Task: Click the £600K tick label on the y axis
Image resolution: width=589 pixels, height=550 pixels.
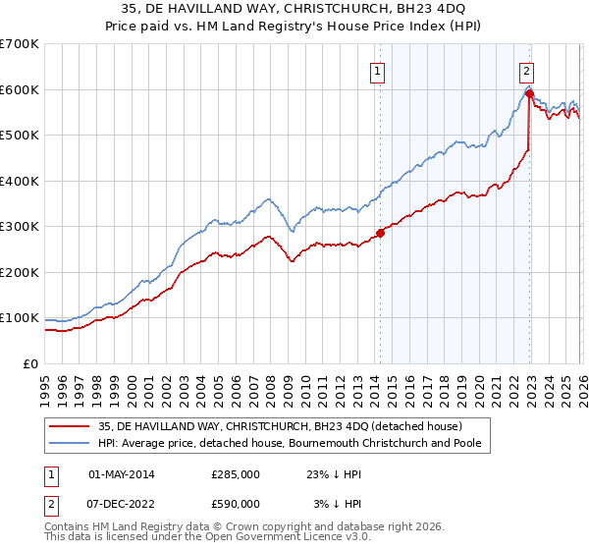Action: (20, 89)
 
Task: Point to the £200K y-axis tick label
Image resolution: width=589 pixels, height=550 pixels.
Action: (20, 272)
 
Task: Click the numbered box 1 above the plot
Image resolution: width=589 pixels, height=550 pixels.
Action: (378, 70)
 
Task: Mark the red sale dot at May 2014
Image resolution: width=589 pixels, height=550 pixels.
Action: (381, 234)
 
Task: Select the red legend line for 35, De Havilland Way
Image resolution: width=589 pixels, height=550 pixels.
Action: (70, 426)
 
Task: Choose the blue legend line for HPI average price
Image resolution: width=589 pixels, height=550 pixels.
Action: (70, 443)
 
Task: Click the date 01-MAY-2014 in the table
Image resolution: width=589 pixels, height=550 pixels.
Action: (122, 474)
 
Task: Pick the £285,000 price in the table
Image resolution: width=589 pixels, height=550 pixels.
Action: (236, 474)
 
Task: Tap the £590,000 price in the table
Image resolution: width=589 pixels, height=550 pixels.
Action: (236, 504)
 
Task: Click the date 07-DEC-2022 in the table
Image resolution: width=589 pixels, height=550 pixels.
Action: (122, 504)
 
